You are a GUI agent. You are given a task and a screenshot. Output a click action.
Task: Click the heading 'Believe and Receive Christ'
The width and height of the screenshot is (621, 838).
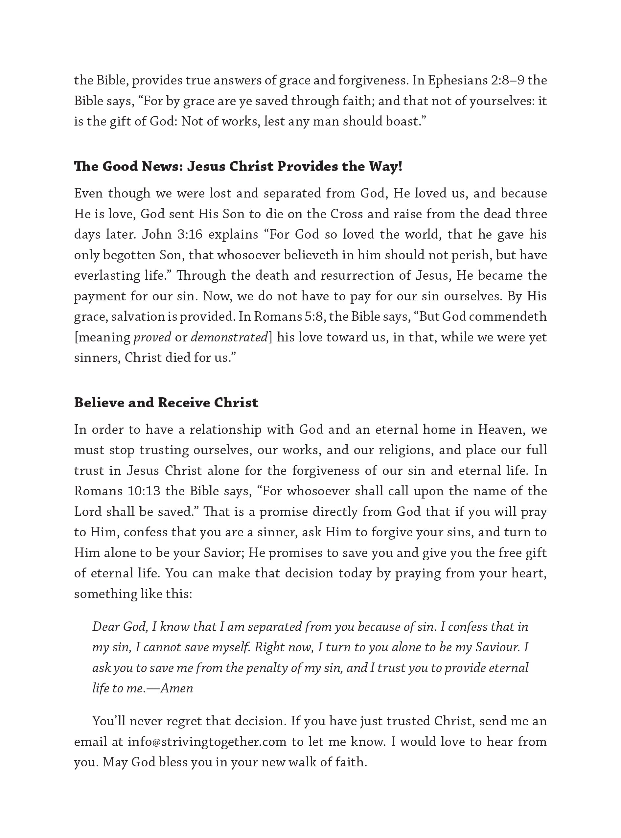click(x=166, y=403)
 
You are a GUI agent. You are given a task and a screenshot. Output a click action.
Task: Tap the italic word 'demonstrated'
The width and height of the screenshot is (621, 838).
click(x=229, y=337)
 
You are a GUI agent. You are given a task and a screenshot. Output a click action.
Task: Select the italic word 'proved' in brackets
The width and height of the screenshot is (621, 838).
click(x=152, y=337)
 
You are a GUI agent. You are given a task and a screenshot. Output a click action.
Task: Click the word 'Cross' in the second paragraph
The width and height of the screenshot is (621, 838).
click(x=347, y=214)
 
